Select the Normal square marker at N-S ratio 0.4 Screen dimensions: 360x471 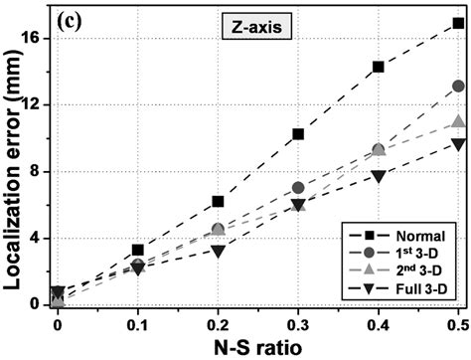pos(378,67)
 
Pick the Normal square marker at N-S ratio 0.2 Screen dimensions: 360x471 pos(218,201)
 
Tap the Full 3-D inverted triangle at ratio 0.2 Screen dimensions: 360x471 pos(218,251)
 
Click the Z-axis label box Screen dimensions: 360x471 pos(253,29)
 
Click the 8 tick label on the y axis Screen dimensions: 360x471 pos(36,171)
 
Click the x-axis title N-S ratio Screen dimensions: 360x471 pos(258,346)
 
